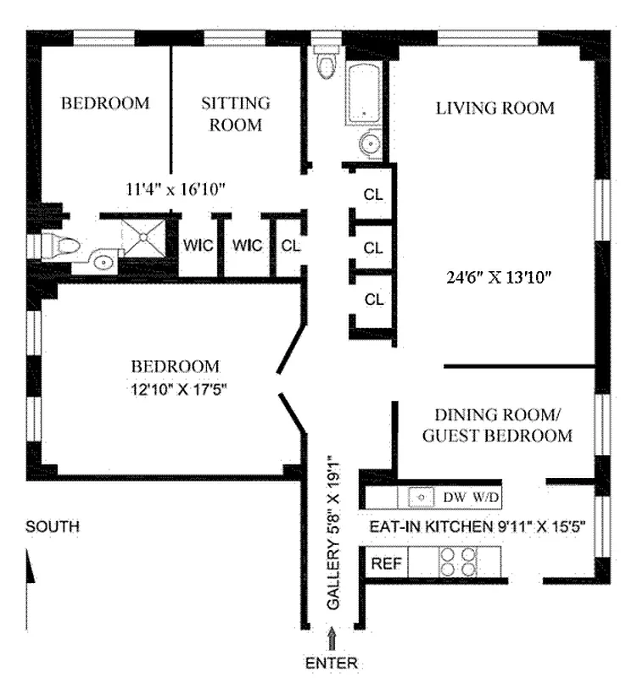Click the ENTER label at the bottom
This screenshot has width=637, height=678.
332,663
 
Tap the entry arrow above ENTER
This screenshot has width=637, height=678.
332,637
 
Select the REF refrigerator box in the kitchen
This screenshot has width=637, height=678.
385,562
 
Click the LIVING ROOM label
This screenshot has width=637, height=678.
495,108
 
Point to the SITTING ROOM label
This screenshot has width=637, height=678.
235,114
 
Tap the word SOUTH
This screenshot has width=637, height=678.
53,527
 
